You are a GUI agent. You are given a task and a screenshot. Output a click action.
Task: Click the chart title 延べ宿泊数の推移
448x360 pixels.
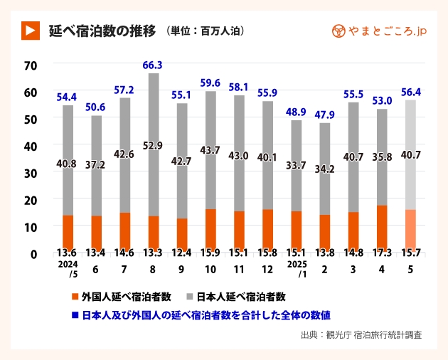click(x=101, y=31)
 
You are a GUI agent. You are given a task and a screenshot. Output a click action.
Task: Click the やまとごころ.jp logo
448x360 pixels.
click(x=379, y=31)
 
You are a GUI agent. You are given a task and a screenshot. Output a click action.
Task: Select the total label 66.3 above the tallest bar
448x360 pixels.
click(x=153, y=65)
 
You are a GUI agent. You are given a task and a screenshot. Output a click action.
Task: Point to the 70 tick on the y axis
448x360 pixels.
click(x=29, y=65)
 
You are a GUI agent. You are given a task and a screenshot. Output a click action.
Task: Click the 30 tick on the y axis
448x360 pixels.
click(x=29, y=172)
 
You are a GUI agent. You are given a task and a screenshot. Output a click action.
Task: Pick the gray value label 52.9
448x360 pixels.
click(x=153, y=147)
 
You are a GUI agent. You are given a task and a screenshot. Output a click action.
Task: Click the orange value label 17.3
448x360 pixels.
click(x=382, y=253)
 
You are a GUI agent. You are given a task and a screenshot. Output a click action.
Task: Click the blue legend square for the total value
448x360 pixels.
click(x=75, y=314)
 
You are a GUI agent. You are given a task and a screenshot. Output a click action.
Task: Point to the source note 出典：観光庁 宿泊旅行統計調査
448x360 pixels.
click(x=363, y=334)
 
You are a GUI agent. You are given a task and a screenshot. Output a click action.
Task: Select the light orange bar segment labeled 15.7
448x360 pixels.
click(x=410, y=227)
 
